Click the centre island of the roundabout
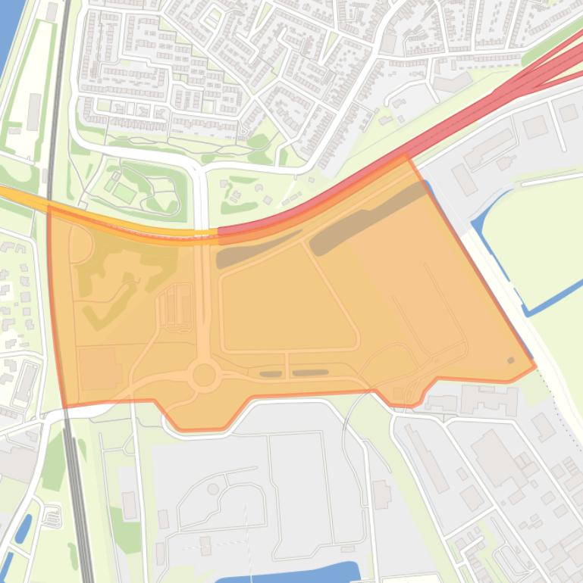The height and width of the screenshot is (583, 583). pos(204,374)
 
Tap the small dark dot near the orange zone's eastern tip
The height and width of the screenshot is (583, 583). pos(510,360)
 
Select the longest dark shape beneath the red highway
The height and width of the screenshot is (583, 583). pos(368,218)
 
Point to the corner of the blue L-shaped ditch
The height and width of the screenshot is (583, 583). pos(528,311)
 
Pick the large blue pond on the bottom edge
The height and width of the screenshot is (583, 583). pos(303,572)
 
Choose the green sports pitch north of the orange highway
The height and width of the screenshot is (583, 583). pos(124,192)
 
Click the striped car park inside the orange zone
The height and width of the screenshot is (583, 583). pos(174,309)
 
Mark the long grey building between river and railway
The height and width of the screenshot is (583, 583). pos(33,111)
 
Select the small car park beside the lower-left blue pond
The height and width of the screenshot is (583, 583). pos(52,517)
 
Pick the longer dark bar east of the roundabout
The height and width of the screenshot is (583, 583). pos(310,373)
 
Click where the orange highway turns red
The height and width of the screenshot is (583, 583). pos(218,232)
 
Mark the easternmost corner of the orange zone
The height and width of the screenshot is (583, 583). pos(535,366)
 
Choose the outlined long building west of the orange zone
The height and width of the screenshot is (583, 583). pos(27,382)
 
